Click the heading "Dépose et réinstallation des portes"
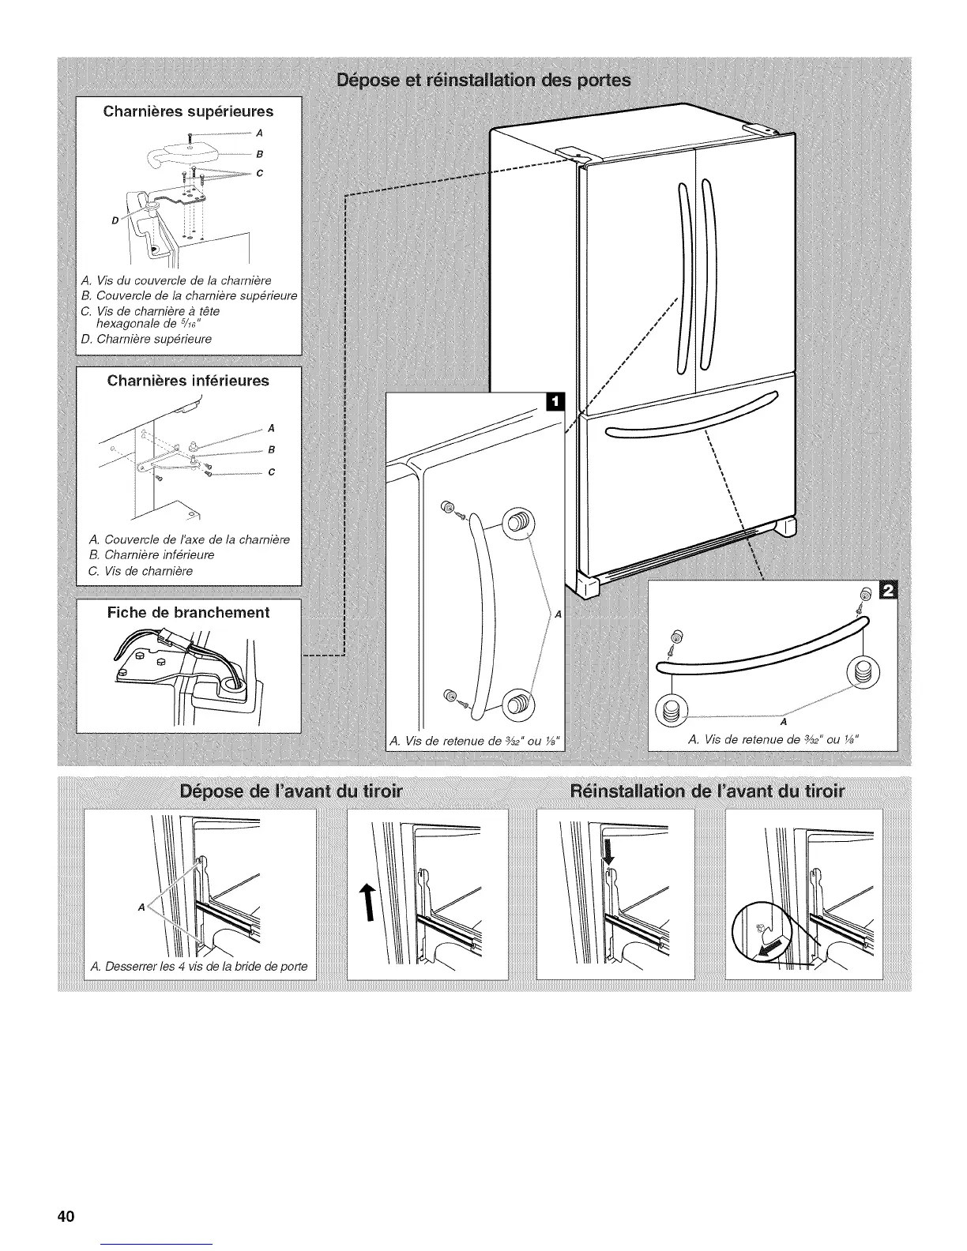(x=483, y=81)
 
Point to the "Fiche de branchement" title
(x=189, y=612)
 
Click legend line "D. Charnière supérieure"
(x=147, y=339)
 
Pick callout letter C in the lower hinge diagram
(x=271, y=472)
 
